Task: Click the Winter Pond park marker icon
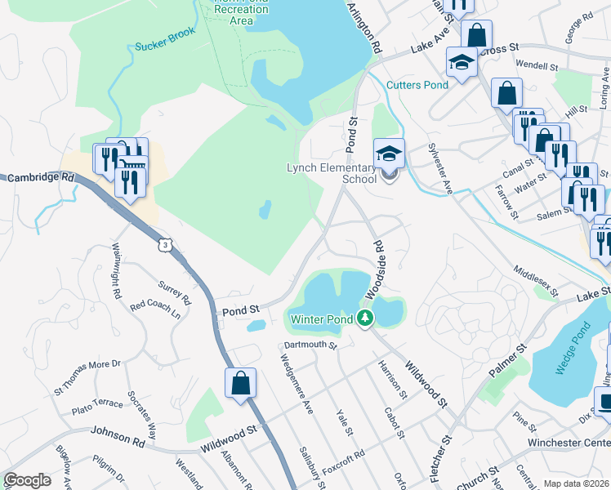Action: (365, 318)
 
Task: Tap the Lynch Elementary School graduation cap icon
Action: (390, 153)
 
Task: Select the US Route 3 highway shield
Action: (166, 243)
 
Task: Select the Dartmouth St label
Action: (310, 345)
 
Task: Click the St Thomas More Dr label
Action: (87, 374)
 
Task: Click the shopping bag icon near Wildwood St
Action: (241, 383)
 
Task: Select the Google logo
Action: (28, 480)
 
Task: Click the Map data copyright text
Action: (577, 483)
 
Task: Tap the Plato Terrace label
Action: (96, 408)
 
